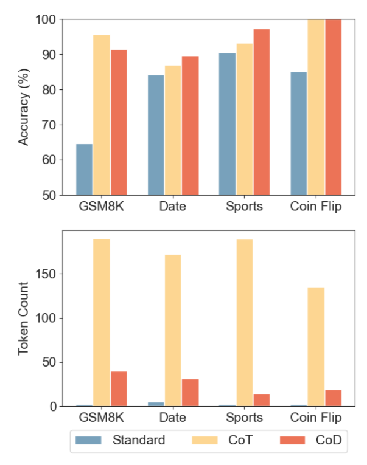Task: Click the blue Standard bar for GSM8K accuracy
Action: pyautogui.click(x=84, y=170)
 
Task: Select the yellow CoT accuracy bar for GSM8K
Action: pyautogui.click(x=102, y=115)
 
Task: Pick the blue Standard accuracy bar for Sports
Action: pyautogui.click(x=227, y=124)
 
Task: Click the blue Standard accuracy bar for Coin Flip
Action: pyautogui.click(x=299, y=133)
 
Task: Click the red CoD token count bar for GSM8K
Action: pyautogui.click(x=119, y=388)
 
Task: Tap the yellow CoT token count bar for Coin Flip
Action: pyautogui.click(x=316, y=346)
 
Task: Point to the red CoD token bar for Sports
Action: pyautogui.click(x=262, y=400)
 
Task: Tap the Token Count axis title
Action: pyautogui.click(x=24, y=319)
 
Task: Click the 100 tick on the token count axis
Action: pyautogui.click(x=49, y=318)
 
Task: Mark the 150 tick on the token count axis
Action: pyautogui.click(x=49, y=274)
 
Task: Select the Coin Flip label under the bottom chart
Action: pyautogui.click(x=316, y=418)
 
